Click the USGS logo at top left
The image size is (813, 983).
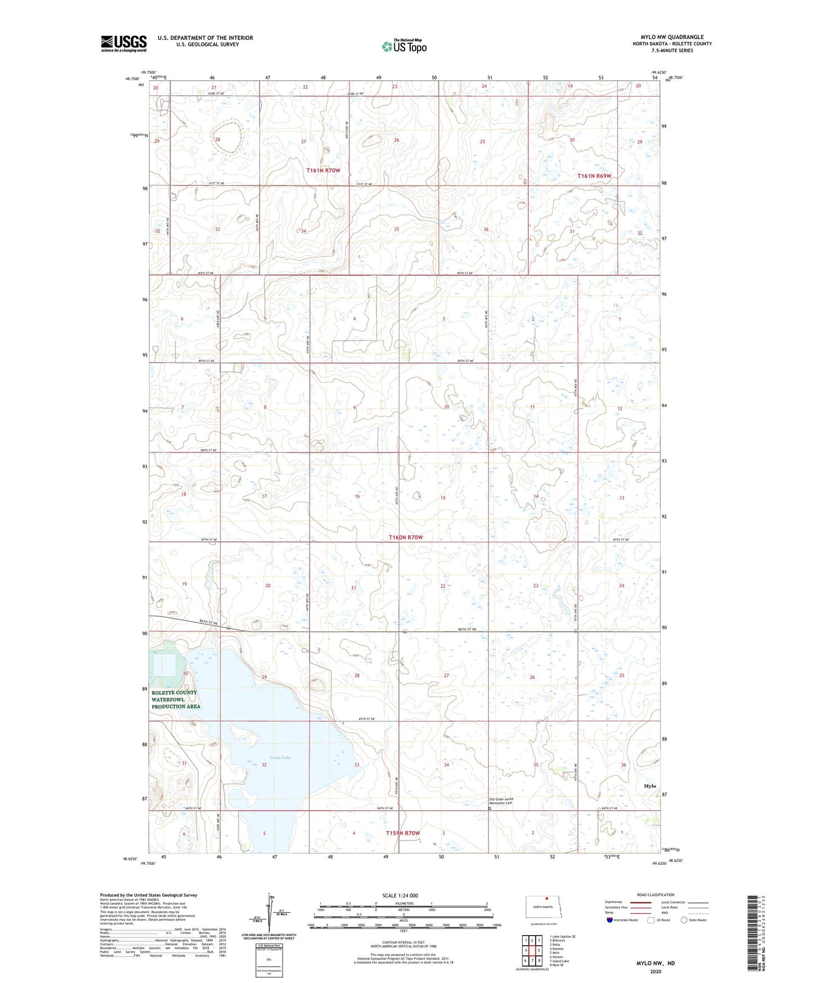(123, 43)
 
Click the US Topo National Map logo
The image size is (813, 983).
(404, 46)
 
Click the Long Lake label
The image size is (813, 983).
(280, 758)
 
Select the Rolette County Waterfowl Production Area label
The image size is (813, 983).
(176, 699)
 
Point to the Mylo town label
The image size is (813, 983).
(650, 786)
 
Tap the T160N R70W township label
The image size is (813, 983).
(405, 538)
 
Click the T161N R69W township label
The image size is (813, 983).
(594, 176)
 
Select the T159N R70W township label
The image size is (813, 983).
(403, 833)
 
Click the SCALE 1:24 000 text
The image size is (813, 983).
(399, 896)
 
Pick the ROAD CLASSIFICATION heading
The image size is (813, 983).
(655, 895)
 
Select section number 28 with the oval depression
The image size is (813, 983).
(217, 139)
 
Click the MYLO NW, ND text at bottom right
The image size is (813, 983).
(655, 963)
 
